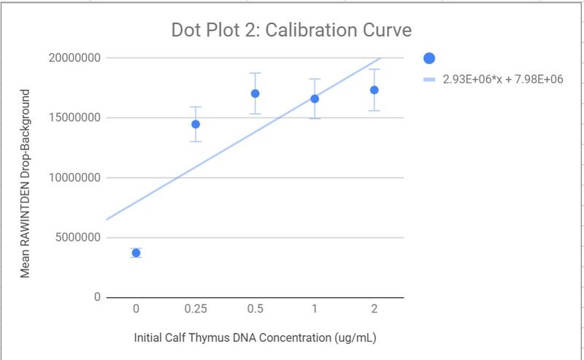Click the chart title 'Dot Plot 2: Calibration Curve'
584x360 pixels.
point(291,31)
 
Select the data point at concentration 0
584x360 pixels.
point(136,253)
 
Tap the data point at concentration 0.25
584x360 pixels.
point(196,124)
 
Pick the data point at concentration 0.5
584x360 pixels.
point(255,93)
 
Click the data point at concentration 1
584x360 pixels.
point(315,99)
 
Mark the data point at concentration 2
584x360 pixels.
point(374,90)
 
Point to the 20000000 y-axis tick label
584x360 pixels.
point(71,58)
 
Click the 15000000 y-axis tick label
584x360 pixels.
point(71,118)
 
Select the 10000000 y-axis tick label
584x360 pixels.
point(71,177)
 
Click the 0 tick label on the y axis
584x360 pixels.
point(96,297)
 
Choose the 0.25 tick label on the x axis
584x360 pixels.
point(196,310)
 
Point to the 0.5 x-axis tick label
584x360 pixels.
point(255,310)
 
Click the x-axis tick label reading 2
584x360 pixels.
point(374,310)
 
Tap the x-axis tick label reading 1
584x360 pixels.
point(315,310)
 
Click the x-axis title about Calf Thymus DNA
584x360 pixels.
point(255,338)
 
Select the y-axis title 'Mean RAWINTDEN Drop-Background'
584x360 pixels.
point(25,183)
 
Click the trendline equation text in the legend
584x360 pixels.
point(502,79)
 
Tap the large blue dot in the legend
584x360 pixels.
point(429,58)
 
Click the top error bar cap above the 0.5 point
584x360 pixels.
point(255,73)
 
